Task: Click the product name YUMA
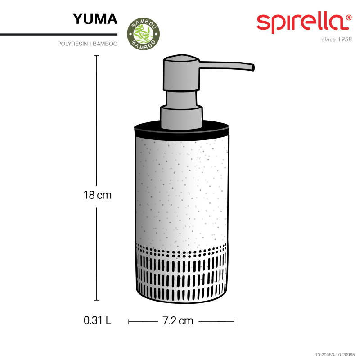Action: point(95,19)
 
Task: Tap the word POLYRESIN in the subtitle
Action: point(72,44)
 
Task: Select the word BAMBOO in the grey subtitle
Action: point(105,44)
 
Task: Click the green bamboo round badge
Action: point(143,34)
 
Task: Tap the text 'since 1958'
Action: point(337,40)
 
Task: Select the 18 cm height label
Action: point(97,195)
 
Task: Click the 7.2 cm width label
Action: point(178,321)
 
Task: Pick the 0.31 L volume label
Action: point(97,320)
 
